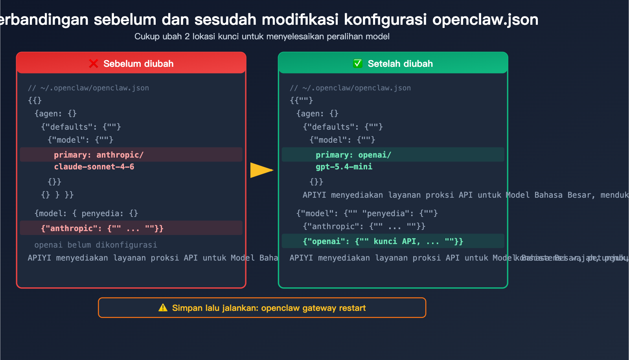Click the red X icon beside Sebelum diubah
94,64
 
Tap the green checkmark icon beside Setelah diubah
358,64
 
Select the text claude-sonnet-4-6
94,167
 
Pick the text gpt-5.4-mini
344,167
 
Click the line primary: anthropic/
99,155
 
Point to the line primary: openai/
353,155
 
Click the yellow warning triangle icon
163,308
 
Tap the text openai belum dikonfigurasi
96,245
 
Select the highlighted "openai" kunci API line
383,241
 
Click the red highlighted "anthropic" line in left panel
102,228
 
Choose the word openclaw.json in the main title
485,20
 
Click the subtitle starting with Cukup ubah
262,37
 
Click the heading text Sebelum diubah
138,64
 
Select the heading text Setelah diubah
400,64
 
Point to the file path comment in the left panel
88,88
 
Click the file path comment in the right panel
350,88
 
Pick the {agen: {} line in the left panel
55,114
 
